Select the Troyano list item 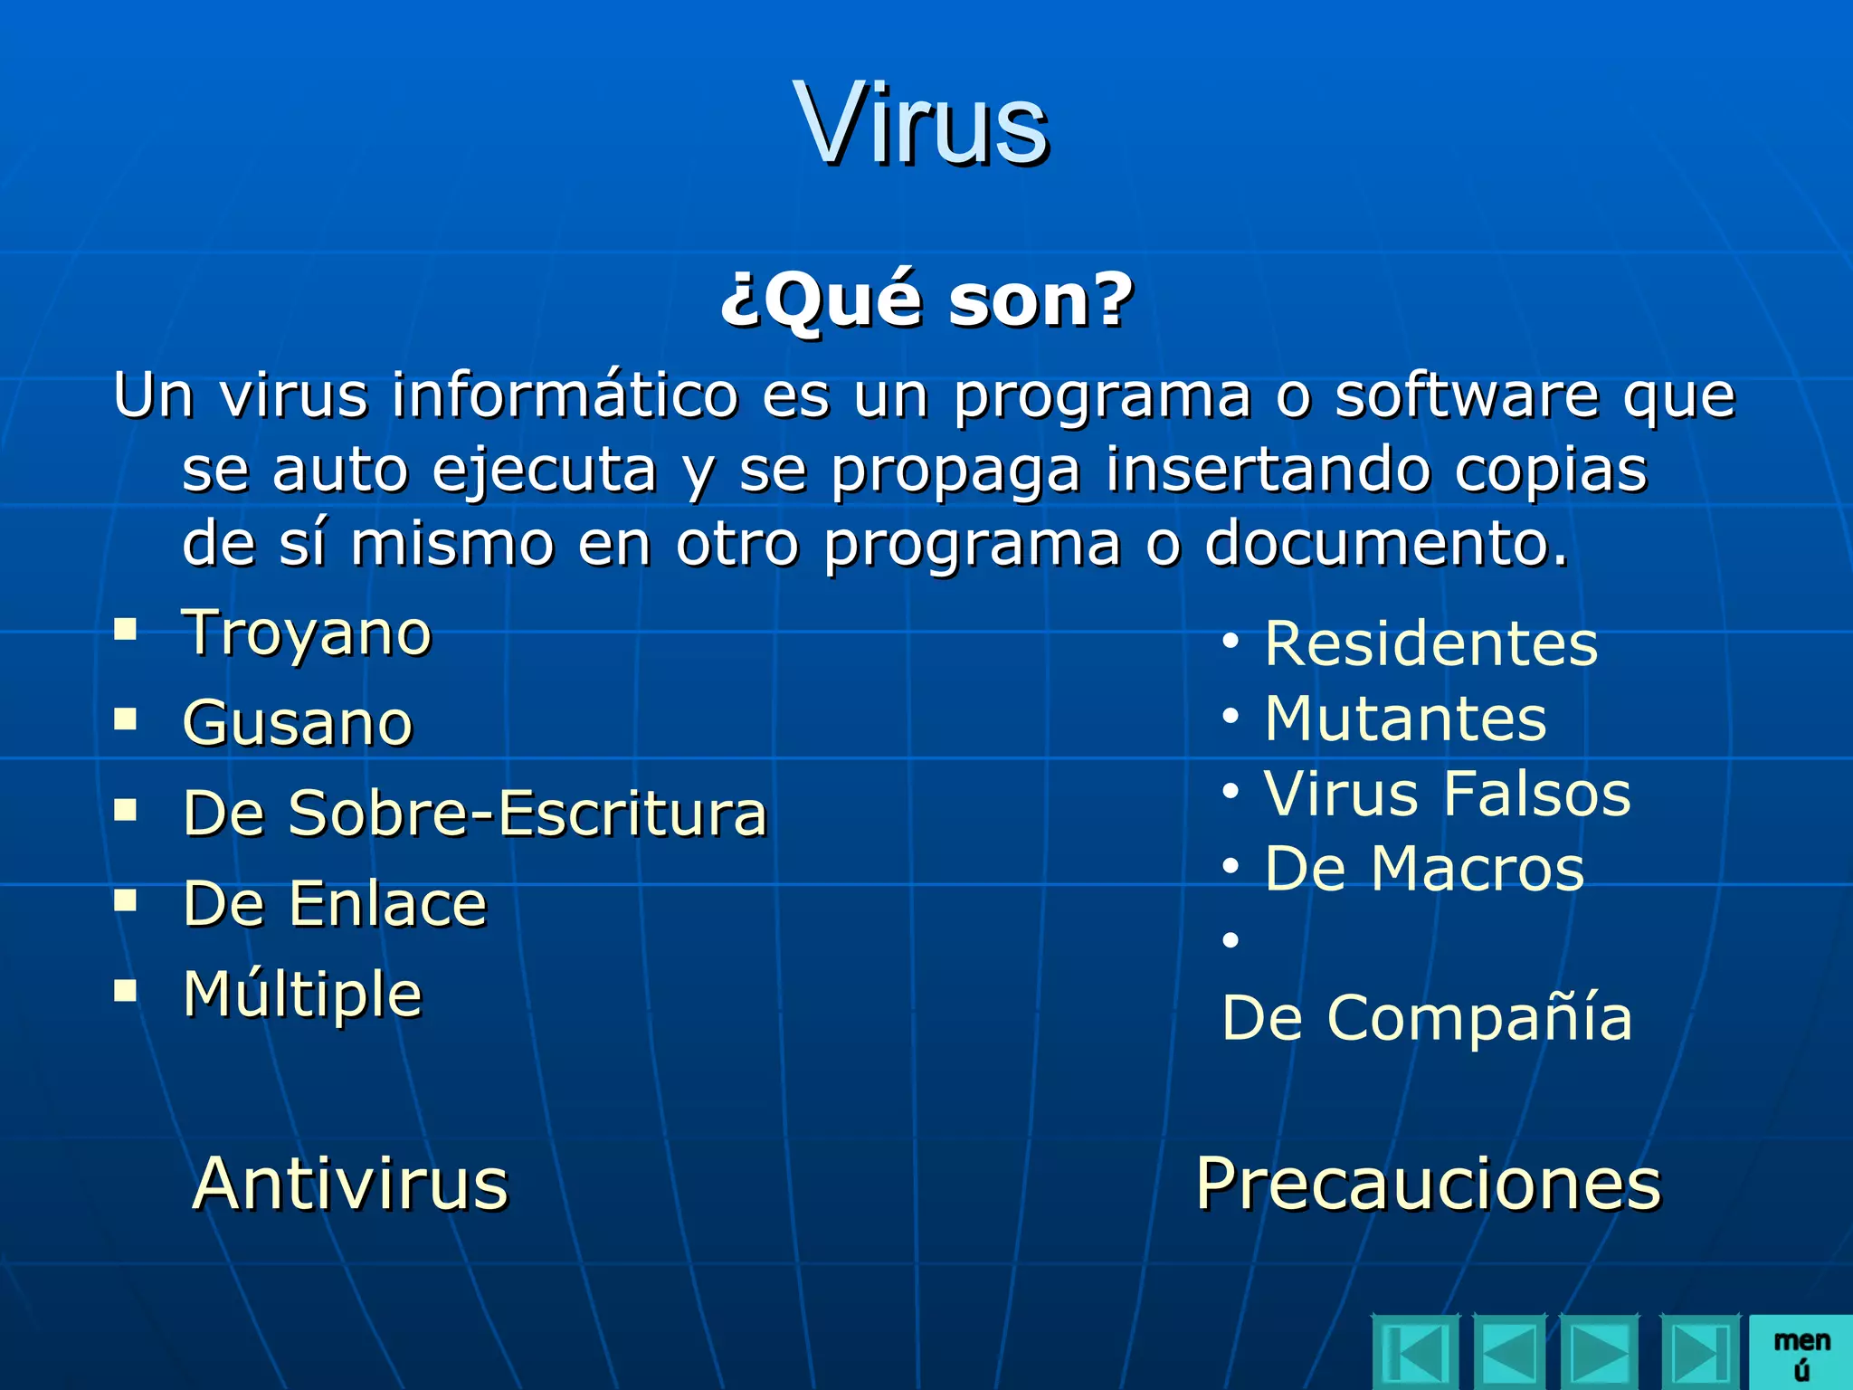click(x=307, y=633)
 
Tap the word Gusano click(x=298, y=723)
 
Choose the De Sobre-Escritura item click(x=475, y=813)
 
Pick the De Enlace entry click(x=335, y=903)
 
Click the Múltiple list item click(x=302, y=994)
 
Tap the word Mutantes click(x=1406, y=719)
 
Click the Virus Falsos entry click(x=1448, y=794)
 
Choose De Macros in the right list click(x=1424, y=869)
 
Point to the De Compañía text click(x=1427, y=1018)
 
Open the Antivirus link click(x=351, y=1183)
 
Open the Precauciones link click(x=1429, y=1183)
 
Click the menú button click(x=1801, y=1353)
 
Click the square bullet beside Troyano click(x=126, y=629)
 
